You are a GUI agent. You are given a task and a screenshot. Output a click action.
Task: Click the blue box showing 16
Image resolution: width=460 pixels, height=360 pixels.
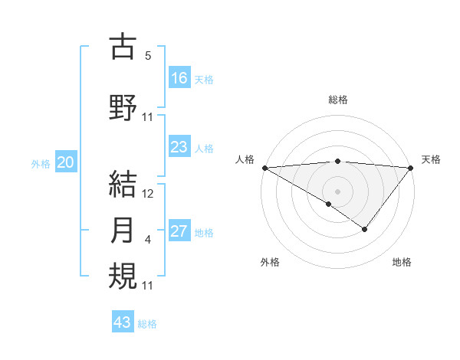[x=179, y=78]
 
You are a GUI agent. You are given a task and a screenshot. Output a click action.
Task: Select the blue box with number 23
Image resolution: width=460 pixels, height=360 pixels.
[x=179, y=147]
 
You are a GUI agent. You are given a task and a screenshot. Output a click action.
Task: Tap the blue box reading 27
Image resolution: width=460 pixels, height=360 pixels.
[x=179, y=231]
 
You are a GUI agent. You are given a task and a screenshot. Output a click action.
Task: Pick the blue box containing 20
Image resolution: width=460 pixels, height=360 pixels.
[x=66, y=162]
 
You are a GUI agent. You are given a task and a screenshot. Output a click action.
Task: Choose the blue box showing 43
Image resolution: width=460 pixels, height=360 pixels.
[x=123, y=322]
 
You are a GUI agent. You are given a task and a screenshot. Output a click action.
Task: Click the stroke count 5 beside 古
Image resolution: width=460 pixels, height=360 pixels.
[x=148, y=56]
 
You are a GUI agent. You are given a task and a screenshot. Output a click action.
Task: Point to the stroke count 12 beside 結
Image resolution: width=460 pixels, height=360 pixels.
[x=149, y=195]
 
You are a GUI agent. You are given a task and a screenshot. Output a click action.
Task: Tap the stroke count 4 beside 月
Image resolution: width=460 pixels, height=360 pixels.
[x=148, y=241]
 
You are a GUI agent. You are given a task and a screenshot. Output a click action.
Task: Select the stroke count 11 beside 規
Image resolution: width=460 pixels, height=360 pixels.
[x=149, y=286]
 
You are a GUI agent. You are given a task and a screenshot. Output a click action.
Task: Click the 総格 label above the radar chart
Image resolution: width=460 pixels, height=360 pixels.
[x=338, y=100]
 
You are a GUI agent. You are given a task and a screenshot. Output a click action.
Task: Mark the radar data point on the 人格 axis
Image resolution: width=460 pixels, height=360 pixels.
[x=264, y=168]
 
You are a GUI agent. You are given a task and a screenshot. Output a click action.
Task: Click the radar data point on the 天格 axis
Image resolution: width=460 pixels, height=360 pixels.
[x=411, y=168]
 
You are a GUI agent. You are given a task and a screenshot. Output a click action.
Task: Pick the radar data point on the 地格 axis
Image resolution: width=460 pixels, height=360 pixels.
[x=365, y=229]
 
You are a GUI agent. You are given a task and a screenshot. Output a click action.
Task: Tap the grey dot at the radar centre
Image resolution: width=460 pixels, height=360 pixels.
[x=337, y=191]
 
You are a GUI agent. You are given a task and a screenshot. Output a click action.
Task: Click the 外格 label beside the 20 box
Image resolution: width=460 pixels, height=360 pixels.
[x=41, y=163]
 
